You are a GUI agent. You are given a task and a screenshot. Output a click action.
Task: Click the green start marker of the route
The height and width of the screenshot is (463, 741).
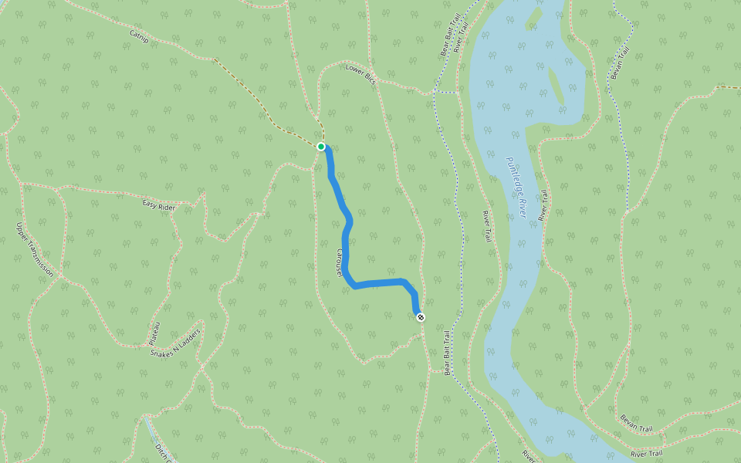point(321,146)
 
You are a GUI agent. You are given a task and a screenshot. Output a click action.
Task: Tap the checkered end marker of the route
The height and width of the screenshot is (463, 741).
point(420,317)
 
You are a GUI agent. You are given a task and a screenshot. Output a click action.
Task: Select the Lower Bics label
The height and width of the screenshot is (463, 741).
point(360,73)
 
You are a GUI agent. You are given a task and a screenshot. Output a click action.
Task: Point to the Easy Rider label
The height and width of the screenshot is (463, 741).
point(159,205)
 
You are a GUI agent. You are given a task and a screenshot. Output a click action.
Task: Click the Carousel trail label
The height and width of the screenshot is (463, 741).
point(338,262)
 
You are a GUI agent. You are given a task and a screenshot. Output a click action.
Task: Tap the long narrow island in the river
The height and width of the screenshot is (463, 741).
point(556,85)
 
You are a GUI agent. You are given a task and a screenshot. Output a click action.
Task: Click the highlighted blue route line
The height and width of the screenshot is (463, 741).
point(345,231)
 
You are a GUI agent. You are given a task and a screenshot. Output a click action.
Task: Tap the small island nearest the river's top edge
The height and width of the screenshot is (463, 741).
point(533,17)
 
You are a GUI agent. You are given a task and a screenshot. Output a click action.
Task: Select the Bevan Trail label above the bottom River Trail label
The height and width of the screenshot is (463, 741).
point(636,423)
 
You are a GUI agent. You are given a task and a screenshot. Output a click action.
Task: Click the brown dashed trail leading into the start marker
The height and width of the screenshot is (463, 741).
point(262,108)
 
